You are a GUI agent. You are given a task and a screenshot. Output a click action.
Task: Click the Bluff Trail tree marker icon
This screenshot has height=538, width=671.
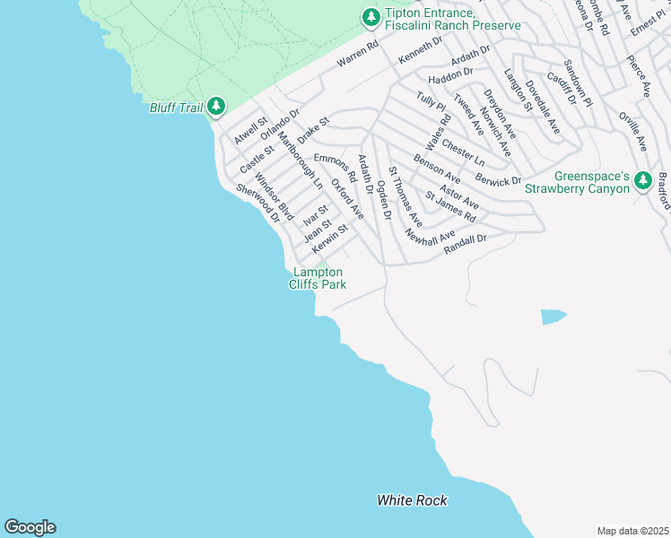tap(215, 107)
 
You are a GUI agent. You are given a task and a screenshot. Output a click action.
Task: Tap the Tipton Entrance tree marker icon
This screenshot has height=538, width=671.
tap(370, 17)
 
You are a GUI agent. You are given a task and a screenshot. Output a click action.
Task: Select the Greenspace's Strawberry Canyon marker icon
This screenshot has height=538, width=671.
tap(642, 180)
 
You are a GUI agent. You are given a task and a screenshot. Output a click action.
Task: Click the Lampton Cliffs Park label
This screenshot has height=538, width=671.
tap(318, 278)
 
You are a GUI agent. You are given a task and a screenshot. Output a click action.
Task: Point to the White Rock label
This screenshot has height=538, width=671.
tap(412, 500)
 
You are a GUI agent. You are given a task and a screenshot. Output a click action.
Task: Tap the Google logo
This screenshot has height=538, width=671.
tap(30, 527)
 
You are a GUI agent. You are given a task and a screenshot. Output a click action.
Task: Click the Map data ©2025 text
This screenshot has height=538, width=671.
tap(632, 531)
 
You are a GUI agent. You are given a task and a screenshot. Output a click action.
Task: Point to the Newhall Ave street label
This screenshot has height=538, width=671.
tap(431, 239)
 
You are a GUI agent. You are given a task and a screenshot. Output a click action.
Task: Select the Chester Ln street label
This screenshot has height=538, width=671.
tap(463, 151)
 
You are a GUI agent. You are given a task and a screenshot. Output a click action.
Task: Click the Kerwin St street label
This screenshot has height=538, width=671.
tap(329, 238)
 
